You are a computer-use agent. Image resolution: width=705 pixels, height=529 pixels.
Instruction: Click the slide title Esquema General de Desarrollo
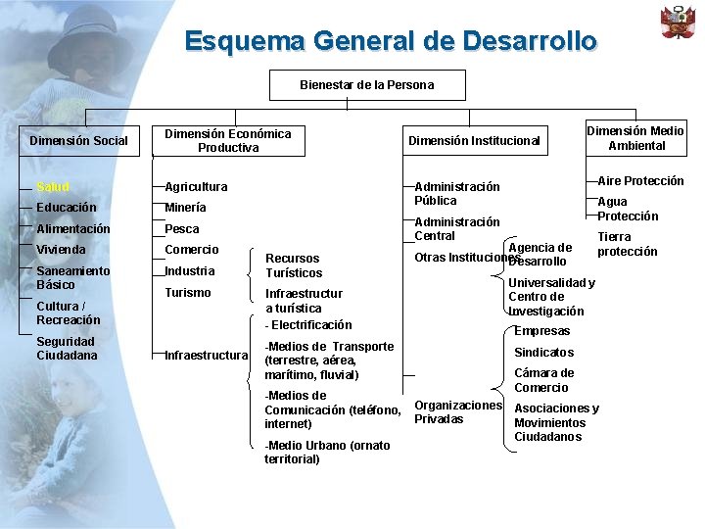[390, 42]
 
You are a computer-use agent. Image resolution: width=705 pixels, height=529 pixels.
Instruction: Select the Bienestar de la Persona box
[367, 85]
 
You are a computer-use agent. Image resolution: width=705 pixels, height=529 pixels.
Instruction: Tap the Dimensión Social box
[78, 140]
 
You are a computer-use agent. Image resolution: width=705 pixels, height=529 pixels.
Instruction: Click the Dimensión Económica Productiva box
[227, 140]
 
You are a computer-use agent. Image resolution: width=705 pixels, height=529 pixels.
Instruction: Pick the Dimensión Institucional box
[474, 140]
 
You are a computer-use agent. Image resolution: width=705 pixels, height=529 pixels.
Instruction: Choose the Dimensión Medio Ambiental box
[635, 138]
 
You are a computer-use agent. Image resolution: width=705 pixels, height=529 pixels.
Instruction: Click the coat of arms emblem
[678, 22]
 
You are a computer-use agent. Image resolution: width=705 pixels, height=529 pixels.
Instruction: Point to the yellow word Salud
[53, 187]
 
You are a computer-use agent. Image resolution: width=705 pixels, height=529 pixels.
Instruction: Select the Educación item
[67, 208]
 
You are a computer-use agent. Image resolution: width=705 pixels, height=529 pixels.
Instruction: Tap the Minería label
[185, 208]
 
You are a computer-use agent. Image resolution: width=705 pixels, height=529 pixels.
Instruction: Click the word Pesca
[182, 229]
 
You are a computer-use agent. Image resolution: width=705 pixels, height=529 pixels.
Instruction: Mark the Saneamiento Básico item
[73, 277]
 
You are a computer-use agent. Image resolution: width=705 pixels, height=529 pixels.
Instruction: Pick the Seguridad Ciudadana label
[66, 348]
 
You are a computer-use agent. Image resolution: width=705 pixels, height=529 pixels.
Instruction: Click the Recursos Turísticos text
[294, 265]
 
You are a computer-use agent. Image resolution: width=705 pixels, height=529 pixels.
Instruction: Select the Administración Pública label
[457, 193]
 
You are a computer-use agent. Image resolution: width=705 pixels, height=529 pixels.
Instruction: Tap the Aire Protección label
[640, 181]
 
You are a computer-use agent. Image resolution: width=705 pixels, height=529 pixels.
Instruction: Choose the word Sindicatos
[544, 353]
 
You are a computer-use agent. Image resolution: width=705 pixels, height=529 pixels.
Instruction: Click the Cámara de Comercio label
[544, 380]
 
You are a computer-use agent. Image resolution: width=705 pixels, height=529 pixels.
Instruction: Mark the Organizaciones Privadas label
[458, 412]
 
